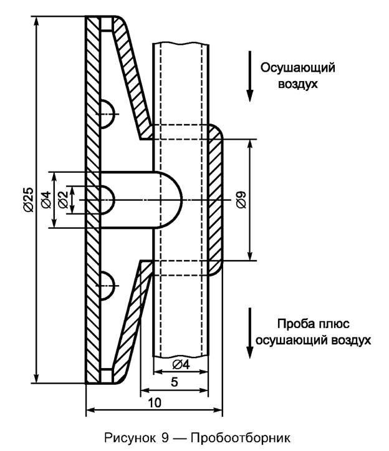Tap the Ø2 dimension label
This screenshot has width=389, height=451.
click(62, 200)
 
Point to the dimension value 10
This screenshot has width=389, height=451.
click(155, 403)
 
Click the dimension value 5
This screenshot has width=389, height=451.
click(175, 382)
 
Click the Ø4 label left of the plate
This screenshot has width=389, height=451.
click(46, 200)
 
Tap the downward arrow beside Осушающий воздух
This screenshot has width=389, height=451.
click(249, 78)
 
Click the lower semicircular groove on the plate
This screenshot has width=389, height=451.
click(107, 285)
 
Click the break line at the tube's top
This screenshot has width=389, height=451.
click(180, 43)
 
